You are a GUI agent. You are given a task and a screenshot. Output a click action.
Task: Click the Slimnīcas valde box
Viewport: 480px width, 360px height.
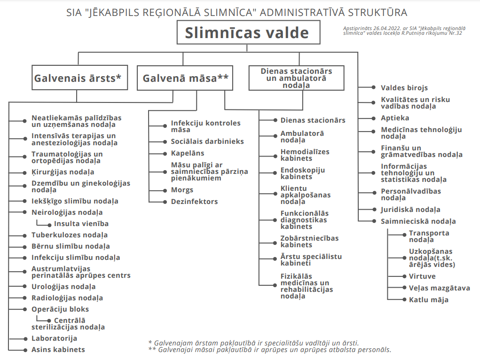[248, 33]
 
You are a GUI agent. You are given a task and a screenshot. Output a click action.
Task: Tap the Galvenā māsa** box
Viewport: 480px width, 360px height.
[185, 78]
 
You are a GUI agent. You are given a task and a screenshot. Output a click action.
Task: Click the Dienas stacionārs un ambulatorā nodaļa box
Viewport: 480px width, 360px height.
[296, 78]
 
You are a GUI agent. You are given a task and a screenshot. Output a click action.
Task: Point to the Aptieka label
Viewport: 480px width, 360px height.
[395, 118]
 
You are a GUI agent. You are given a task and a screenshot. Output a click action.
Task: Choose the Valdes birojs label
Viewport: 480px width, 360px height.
[404, 88]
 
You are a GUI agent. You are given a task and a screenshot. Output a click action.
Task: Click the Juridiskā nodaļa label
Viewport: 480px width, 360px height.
[410, 210]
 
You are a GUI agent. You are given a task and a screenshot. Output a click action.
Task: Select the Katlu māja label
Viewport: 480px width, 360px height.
[428, 300]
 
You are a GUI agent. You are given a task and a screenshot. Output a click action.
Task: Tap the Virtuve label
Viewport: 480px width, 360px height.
[422, 276]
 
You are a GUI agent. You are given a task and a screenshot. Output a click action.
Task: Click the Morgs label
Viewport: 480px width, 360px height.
[182, 190]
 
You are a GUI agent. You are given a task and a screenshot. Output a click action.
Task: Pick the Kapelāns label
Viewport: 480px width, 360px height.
[187, 153]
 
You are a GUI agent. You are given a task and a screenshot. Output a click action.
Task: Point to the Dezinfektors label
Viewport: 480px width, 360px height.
[194, 202]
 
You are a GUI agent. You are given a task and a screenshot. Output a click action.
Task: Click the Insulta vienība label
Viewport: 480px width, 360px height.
[81, 224]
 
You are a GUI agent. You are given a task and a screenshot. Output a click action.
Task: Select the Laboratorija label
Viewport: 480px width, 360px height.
[54, 338]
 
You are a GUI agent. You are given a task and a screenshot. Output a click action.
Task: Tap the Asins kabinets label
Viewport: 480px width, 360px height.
[58, 350]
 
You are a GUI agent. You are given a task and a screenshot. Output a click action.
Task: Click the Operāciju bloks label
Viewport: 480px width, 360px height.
[60, 309]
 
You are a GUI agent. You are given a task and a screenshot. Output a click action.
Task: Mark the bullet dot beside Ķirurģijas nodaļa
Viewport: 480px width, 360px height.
[25, 172]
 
